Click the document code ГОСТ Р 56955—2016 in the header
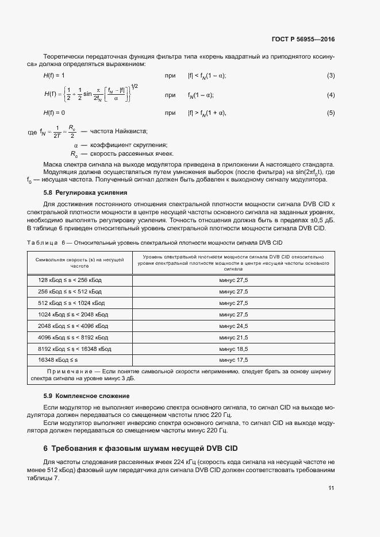point(302,39)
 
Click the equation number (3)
point(331,76)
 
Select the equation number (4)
point(331,95)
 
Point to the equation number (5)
point(331,113)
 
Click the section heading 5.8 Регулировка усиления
point(85,192)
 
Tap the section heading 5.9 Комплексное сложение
point(87,396)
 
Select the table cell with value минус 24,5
point(233,326)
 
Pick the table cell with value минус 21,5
point(233,338)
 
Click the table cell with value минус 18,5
point(233,349)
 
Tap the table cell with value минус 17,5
point(233,360)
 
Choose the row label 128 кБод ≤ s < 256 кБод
point(70,280)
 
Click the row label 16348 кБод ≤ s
point(58,360)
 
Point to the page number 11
point(331,489)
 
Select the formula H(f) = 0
point(54,113)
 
